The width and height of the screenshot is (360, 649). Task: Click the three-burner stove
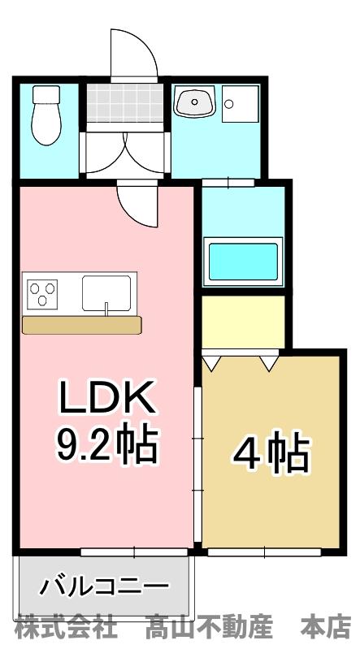click(43, 292)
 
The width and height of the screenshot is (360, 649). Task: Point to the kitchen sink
click(106, 292)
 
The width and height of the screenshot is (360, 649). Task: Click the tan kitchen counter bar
click(82, 325)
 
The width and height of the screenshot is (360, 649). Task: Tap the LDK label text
click(106, 398)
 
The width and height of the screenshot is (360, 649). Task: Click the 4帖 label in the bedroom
click(272, 453)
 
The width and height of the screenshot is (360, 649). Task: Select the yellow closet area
click(243, 321)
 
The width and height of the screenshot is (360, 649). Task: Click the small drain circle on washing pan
click(229, 103)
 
